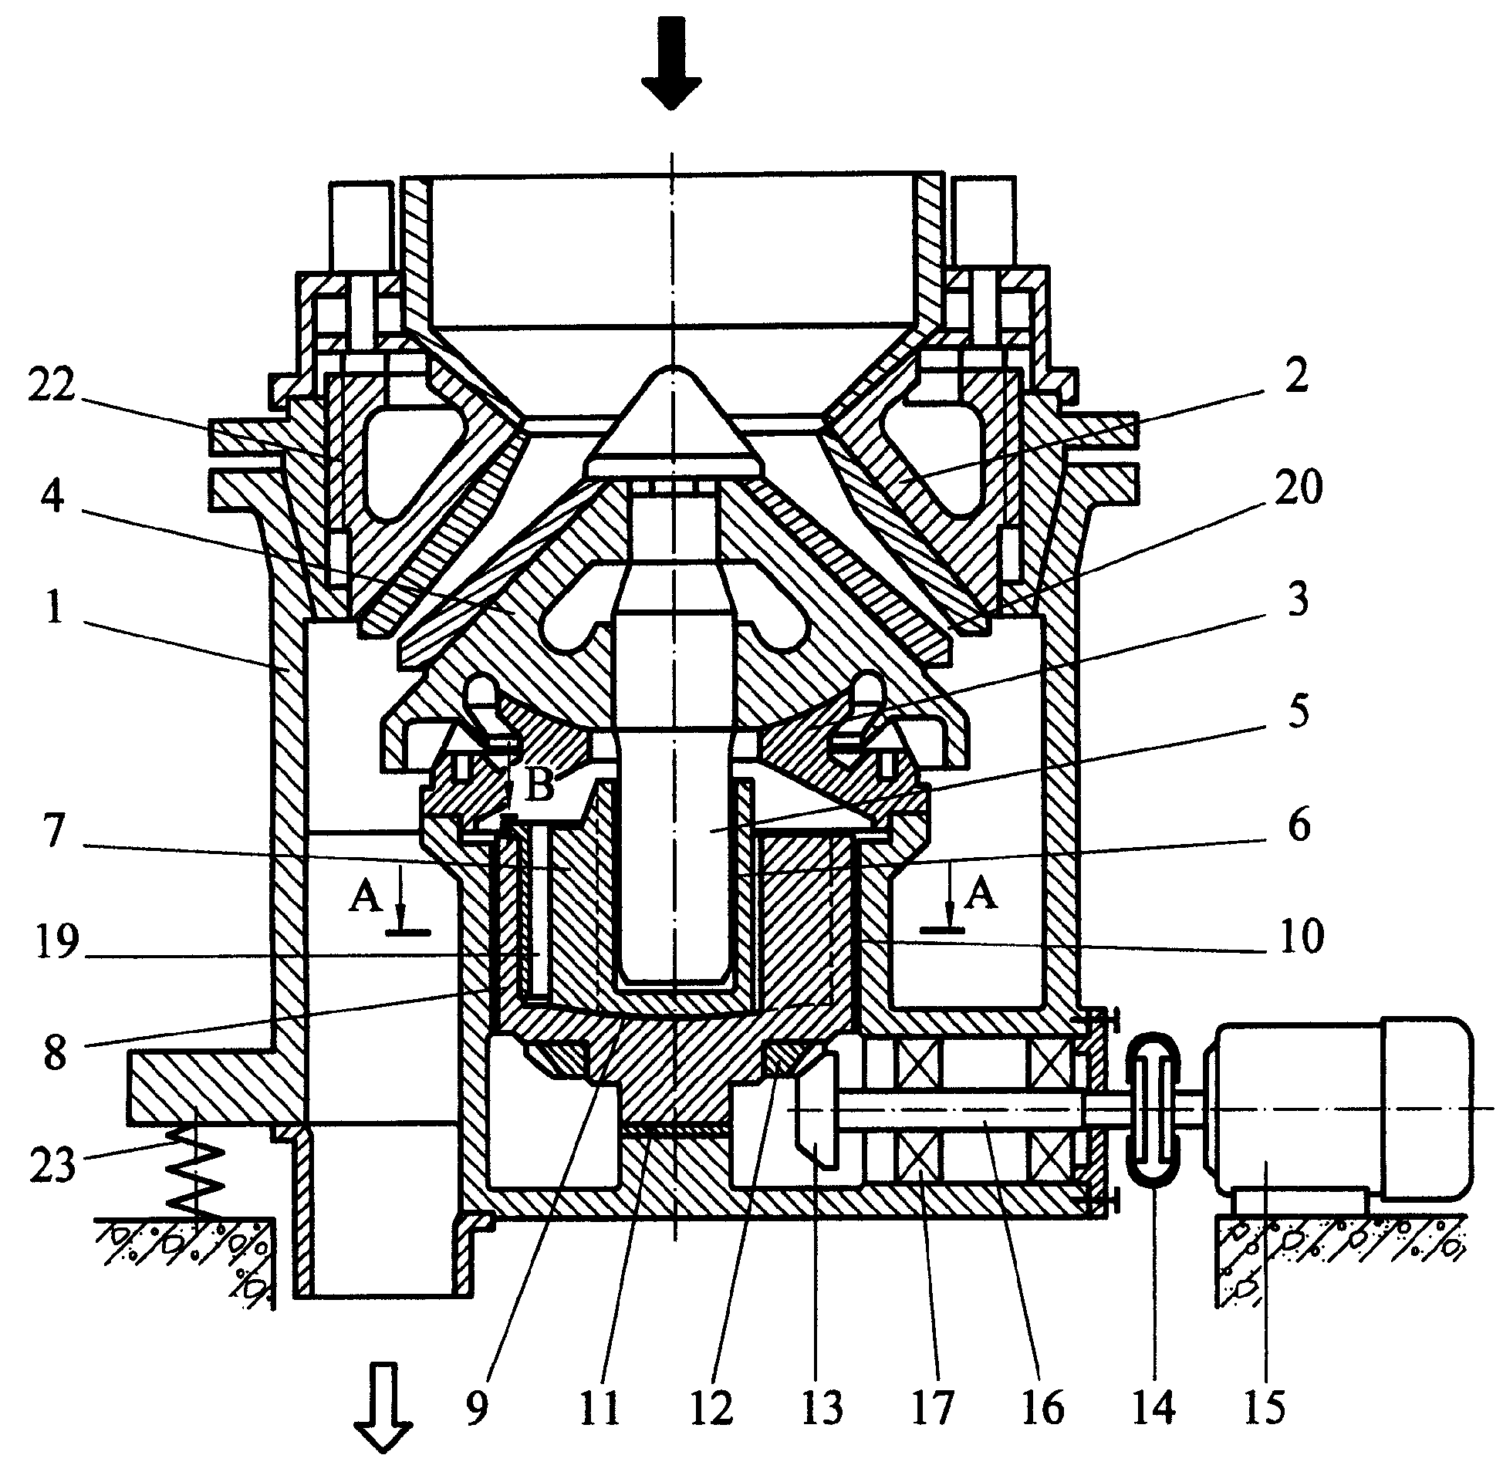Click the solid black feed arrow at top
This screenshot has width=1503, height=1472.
click(x=670, y=62)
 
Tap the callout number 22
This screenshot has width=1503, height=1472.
click(x=52, y=384)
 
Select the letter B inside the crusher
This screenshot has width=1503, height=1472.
click(x=540, y=787)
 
